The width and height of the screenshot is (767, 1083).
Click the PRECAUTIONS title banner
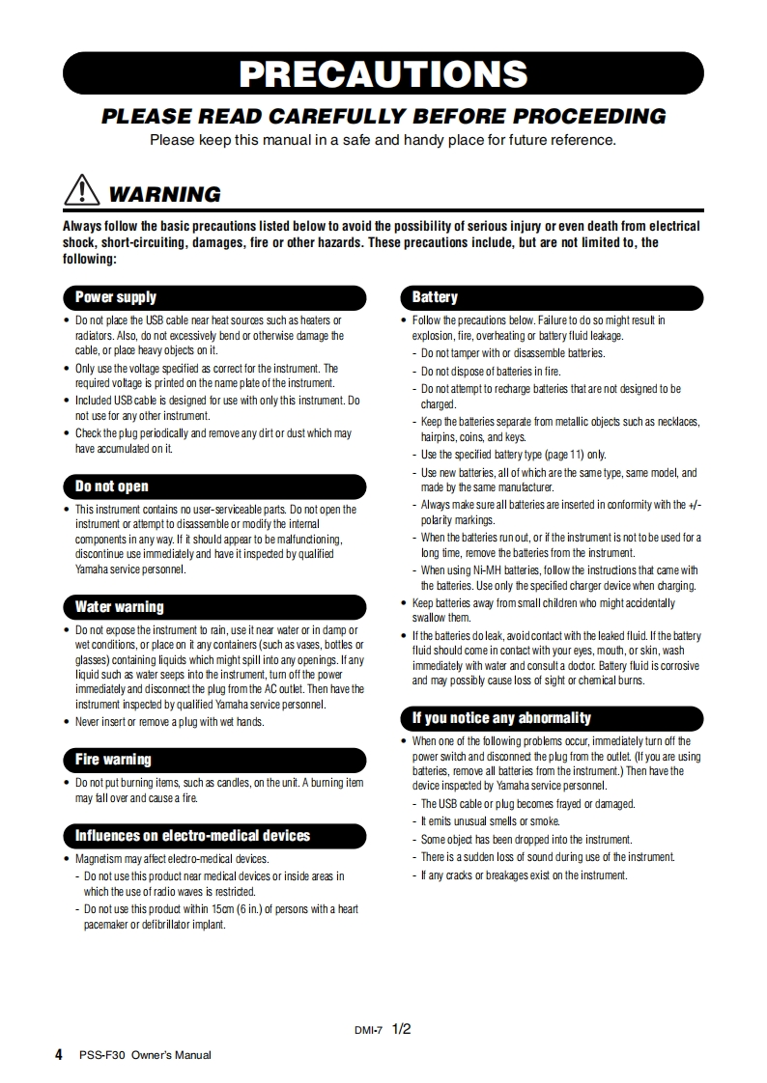383,74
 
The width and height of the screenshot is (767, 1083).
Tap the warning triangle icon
83,191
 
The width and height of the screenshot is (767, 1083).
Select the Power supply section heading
116,297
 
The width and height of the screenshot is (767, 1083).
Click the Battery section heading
435,297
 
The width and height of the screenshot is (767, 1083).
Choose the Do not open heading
112,486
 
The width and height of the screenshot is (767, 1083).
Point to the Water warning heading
120,607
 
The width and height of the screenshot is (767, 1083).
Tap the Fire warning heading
113,760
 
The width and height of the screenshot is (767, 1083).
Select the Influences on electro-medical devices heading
193,836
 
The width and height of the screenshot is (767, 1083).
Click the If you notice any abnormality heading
501,718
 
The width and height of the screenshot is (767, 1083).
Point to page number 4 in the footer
60,1054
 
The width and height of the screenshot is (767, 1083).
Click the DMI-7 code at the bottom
369,1031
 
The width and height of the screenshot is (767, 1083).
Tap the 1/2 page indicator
402,1029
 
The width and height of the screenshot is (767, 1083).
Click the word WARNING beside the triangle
164,194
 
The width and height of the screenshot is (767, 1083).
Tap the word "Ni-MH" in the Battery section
488,570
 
